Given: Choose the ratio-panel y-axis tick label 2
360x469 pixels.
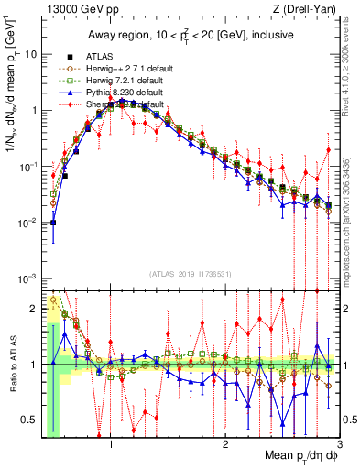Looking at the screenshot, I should coord(34,308).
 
